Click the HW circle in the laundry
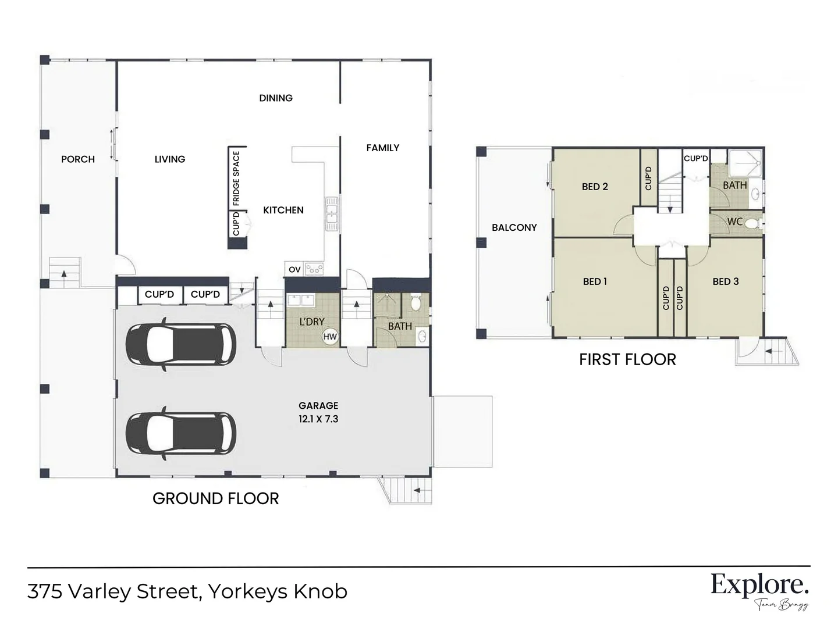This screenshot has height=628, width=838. point(330,337)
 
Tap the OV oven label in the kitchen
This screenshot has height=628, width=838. point(294,269)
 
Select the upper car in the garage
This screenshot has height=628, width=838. point(181,345)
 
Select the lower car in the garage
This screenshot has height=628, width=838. point(181,433)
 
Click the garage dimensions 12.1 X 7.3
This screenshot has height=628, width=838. point(318,419)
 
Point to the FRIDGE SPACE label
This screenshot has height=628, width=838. point(236,179)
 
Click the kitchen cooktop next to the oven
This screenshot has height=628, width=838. point(314,269)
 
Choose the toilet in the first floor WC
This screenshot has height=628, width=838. point(752,223)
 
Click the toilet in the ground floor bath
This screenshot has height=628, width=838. point(416,302)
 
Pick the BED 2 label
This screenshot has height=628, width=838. point(595,187)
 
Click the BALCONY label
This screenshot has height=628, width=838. point(514,227)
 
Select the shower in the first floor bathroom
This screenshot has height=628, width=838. point(744,163)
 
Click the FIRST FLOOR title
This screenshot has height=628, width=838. point(627,359)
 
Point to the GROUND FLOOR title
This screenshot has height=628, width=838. point(215,498)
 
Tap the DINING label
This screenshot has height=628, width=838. point(276,98)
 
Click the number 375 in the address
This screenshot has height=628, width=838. point(45,591)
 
